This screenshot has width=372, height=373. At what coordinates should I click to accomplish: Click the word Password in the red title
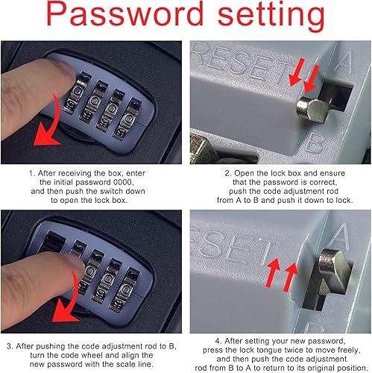tap(124, 13)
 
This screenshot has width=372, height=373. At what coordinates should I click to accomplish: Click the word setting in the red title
tap(271, 16)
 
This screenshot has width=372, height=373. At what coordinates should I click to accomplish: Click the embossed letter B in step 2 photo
tap(315, 143)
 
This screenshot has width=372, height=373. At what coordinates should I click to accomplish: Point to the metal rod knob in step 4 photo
tap(335, 269)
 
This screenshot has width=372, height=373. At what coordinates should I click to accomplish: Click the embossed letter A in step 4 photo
tap(341, 235)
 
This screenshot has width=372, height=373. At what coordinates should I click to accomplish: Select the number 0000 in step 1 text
tap(123, 182)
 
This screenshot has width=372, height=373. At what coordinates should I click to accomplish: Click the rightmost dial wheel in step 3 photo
tap(125, 290)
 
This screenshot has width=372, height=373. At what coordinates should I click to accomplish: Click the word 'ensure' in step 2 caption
tap(332, 173)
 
